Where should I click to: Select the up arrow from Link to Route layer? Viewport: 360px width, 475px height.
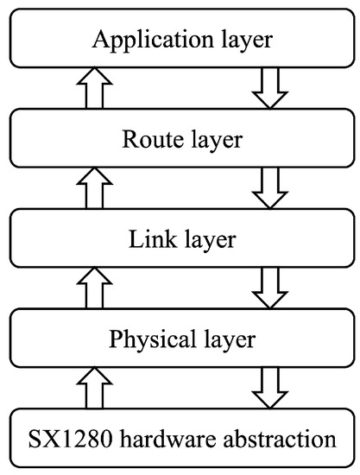click(95, 187)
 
